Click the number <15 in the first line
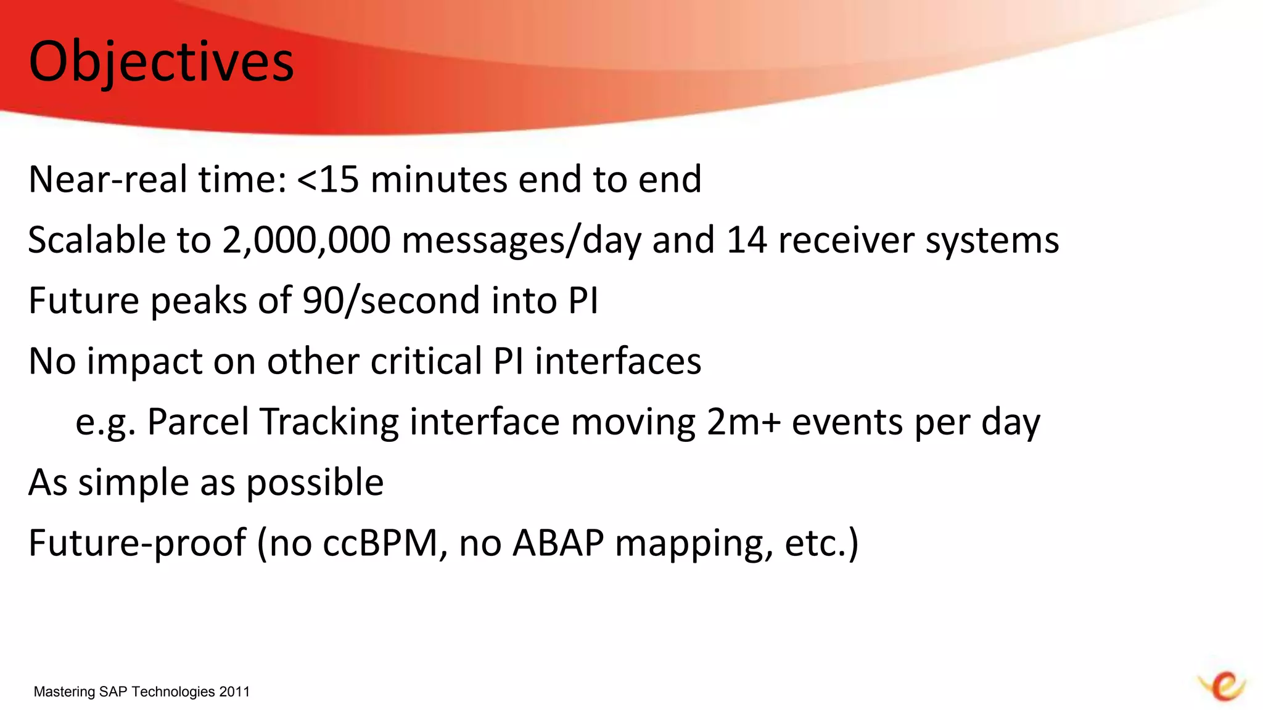coord(327,179)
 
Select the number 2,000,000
coord(306,240)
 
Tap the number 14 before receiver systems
coord(746,240)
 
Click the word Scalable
coord(97,240)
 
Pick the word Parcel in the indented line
coord(198,422)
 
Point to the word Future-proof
coord(138,543)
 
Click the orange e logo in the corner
coord(1222,686)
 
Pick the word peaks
coord(199,301)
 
